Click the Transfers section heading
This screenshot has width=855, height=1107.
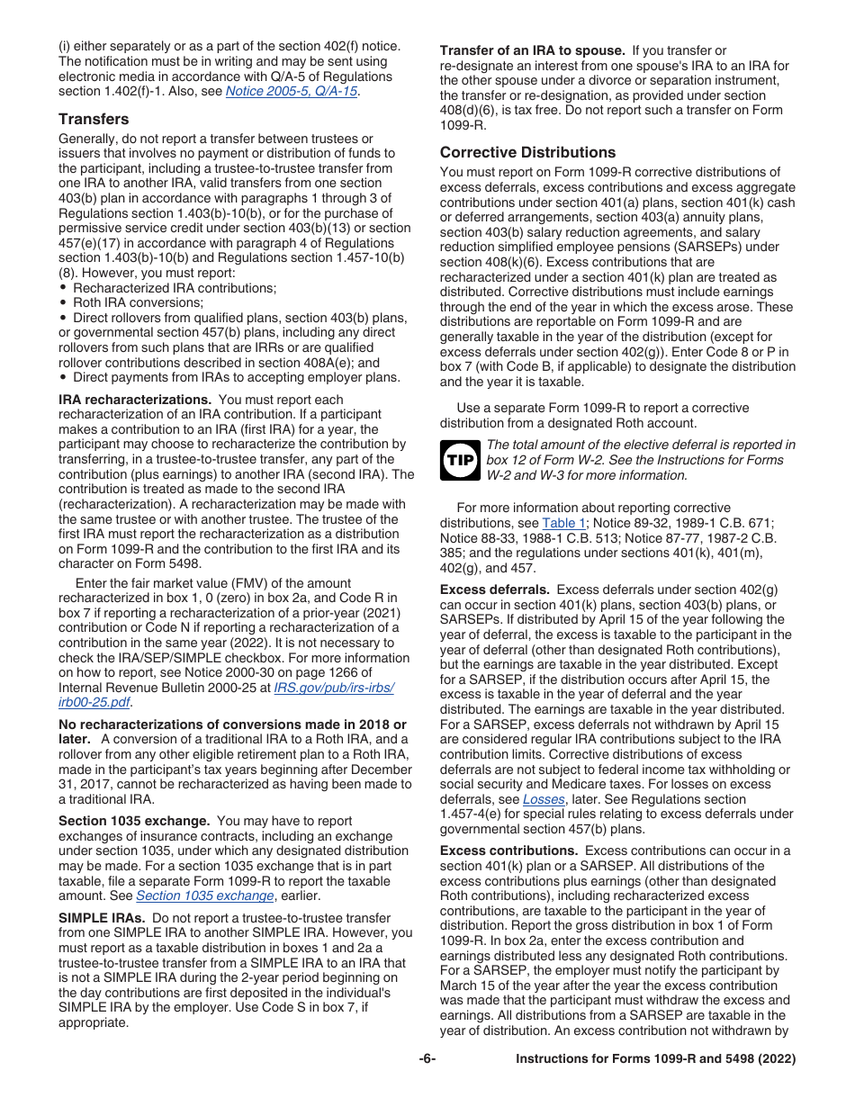click(94, 119)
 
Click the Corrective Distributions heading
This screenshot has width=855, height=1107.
click(527, 152)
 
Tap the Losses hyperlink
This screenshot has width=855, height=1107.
click(544, 798)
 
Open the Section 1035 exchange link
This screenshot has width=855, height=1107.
click(204, 895)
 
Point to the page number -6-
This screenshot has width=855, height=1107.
click(427, 1059)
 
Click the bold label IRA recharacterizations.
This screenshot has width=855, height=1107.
click(134, 400)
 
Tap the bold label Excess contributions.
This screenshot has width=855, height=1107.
click(508, 850)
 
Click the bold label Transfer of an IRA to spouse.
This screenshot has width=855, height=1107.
click(531, 50)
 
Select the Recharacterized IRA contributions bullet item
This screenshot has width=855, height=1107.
click(175, 288)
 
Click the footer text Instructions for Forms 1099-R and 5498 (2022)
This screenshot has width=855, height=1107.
click(655, 1059)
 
